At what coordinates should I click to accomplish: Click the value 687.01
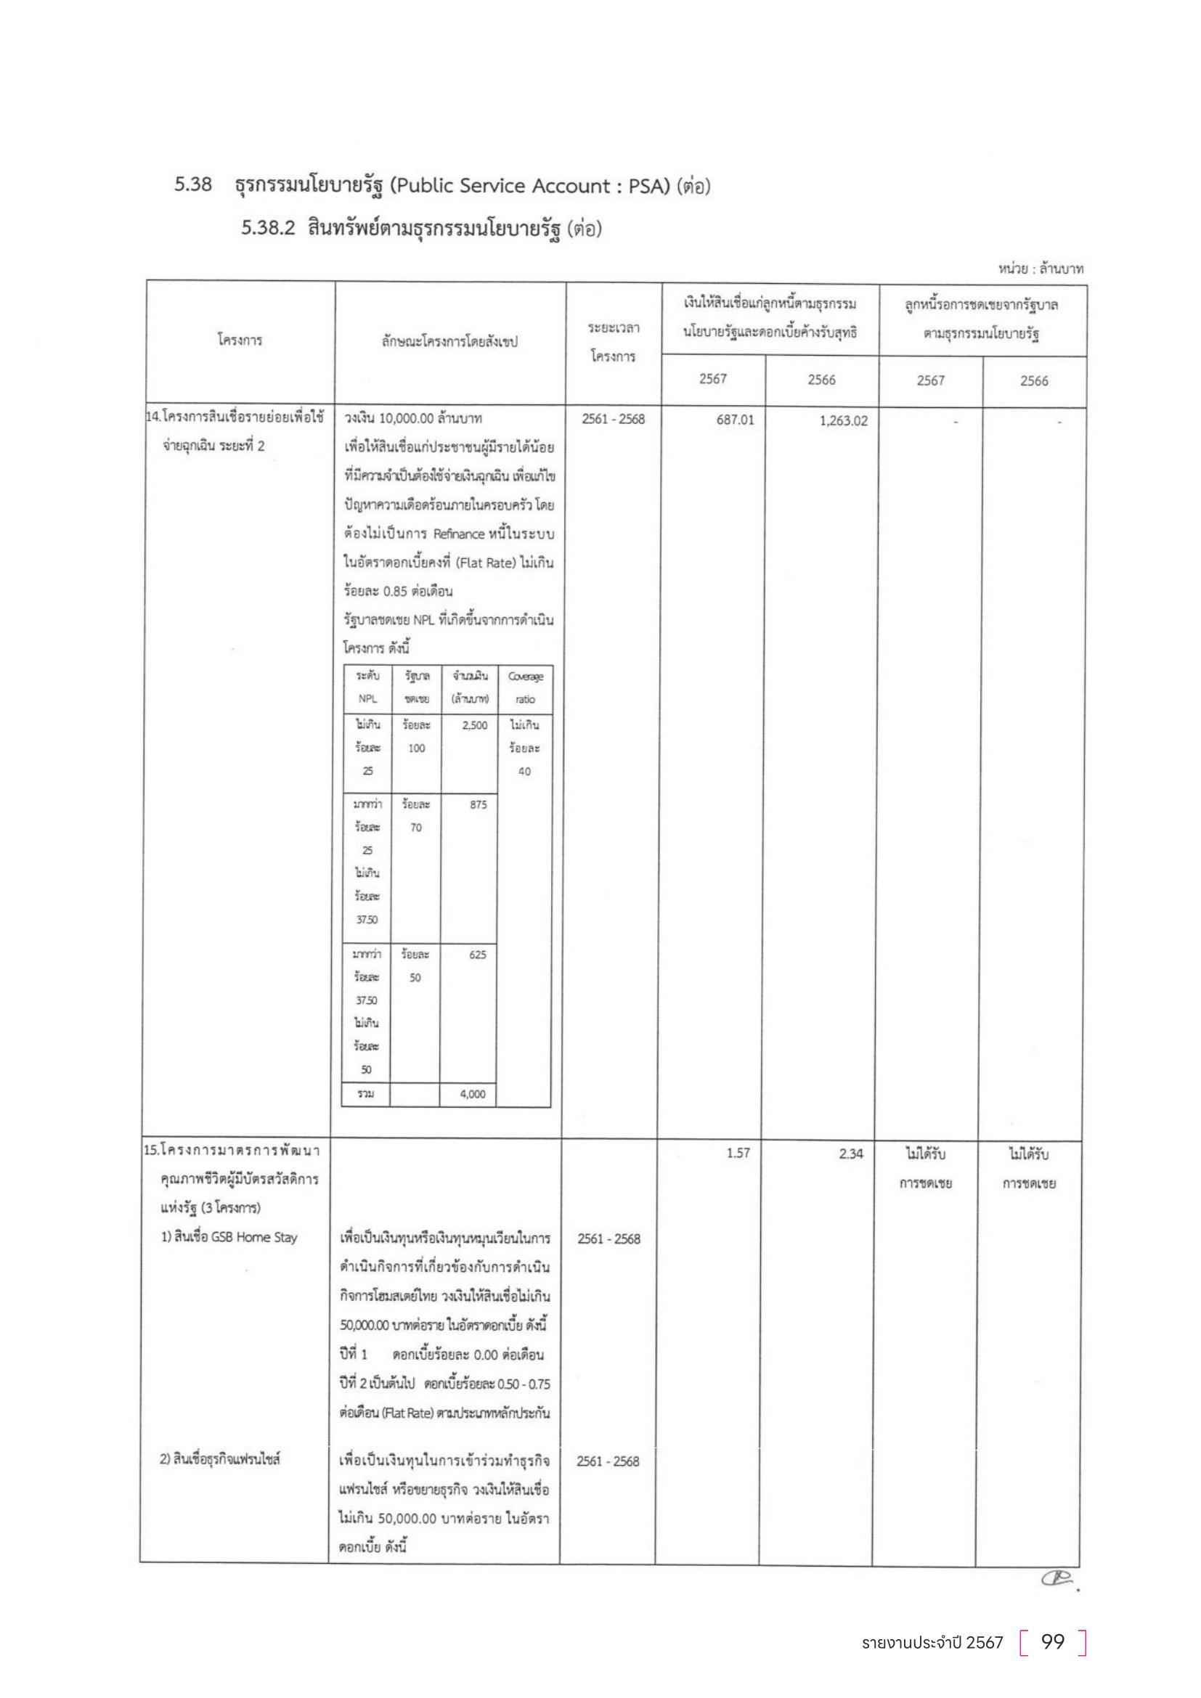(x=734, y=420)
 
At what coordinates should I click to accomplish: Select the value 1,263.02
(x=843, y=421)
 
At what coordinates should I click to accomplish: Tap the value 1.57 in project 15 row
(x=737, y=1153)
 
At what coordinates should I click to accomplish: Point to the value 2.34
(x=850, y=1154)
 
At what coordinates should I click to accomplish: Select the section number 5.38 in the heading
(x=193, y=185)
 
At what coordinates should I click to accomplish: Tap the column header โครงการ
(x=240, y=340)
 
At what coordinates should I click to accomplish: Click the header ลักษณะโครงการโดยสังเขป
(x=449, y=342)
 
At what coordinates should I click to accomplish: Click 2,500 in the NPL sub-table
(x=474, y=725)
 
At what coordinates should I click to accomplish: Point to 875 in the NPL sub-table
(x=478, y=804)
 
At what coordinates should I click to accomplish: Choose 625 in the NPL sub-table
(x=477, y=955)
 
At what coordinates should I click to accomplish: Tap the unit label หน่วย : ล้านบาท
(x=1041, y=269)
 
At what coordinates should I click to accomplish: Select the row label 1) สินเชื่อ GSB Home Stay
(x=229, y=1237)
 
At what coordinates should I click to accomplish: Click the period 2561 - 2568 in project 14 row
(x=612, y=420)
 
